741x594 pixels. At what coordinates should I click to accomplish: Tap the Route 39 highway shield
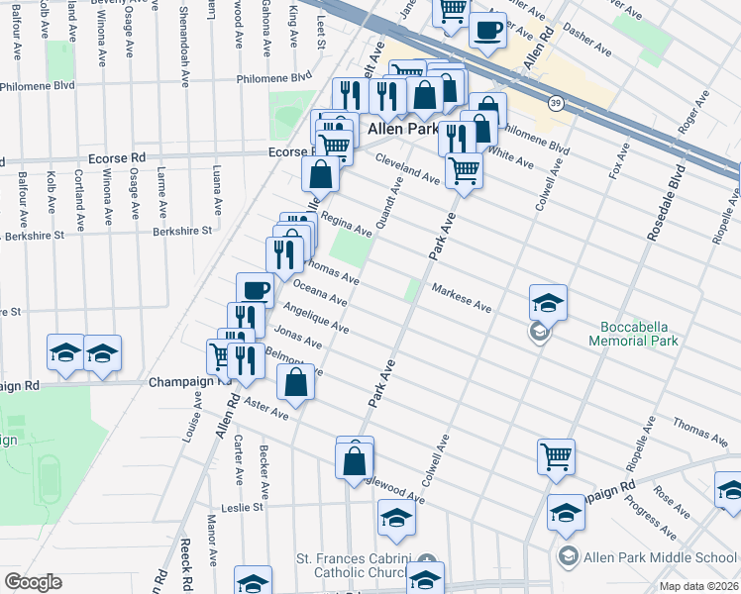(557, 102)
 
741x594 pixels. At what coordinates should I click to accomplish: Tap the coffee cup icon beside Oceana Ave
(255, 289)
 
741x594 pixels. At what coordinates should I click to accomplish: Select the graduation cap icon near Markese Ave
(548, 301)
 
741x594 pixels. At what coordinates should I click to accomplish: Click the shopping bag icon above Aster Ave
(295, 382)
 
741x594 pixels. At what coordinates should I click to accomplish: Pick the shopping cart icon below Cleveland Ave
(463, 169)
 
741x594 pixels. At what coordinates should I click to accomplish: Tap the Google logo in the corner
(34, 581)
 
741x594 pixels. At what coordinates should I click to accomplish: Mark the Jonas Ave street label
(298, 338)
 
